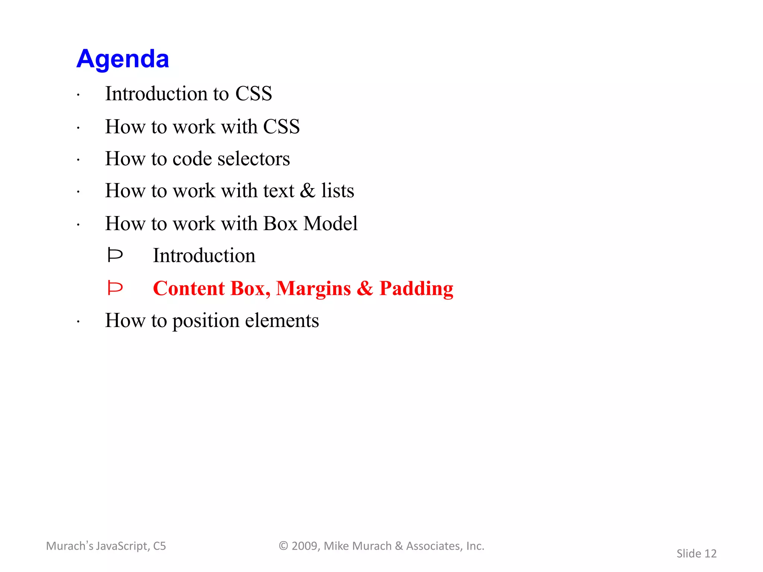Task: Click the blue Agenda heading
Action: tap(123, 59)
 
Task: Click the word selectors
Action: tap(253, 159)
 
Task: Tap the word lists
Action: tap(338, 191)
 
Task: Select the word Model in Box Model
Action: tap(330, 223)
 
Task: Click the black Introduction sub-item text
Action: tap(204, 256)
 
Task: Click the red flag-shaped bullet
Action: tap(115, 288)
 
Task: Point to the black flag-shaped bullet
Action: tap(115, 255)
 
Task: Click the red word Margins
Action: tap(313, 289)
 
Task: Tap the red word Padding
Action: tap(416, 289)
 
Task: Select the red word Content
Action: tap(189, 289)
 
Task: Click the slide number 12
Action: tap(710, 554)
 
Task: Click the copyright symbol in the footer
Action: tap(284, 546)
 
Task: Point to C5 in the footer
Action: tap(159, 546)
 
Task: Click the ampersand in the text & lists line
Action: tap(308, 191)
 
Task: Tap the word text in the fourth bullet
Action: tap(279, 191)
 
